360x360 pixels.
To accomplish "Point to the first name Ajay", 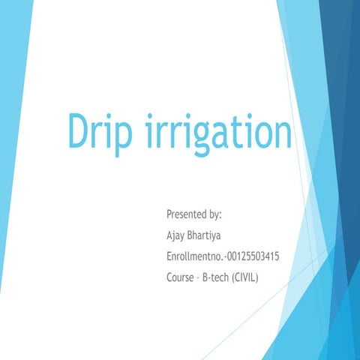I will [178, 235].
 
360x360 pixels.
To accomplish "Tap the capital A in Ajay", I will [169, 235].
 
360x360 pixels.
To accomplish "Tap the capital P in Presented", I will [169, 214].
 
